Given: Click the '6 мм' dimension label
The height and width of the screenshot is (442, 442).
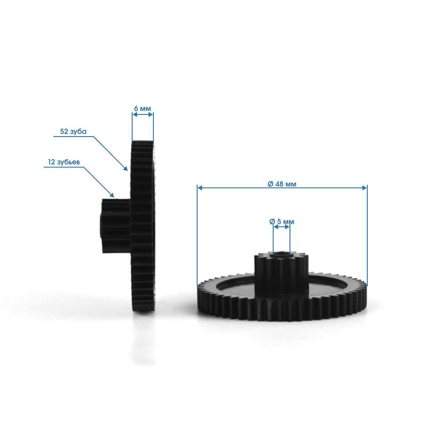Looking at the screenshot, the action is point(142,109).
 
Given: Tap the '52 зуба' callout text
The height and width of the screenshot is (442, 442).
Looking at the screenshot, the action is point(73,131).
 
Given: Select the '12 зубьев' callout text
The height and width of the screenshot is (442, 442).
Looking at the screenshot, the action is point(64,162).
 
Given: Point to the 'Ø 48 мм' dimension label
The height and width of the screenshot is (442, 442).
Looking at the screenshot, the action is point(282,184).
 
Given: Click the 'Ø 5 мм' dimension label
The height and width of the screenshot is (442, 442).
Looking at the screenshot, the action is point(282,221).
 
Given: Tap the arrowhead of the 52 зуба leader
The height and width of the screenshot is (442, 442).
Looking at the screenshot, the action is point(125,168).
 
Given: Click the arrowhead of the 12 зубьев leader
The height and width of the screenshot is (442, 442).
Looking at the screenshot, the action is point(112,195).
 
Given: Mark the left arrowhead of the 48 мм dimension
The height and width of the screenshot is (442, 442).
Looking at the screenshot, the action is point(200,188).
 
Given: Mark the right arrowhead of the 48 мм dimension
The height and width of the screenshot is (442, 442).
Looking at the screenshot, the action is point(365,188).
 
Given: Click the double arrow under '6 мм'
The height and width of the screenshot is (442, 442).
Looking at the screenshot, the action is point(143,114).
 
